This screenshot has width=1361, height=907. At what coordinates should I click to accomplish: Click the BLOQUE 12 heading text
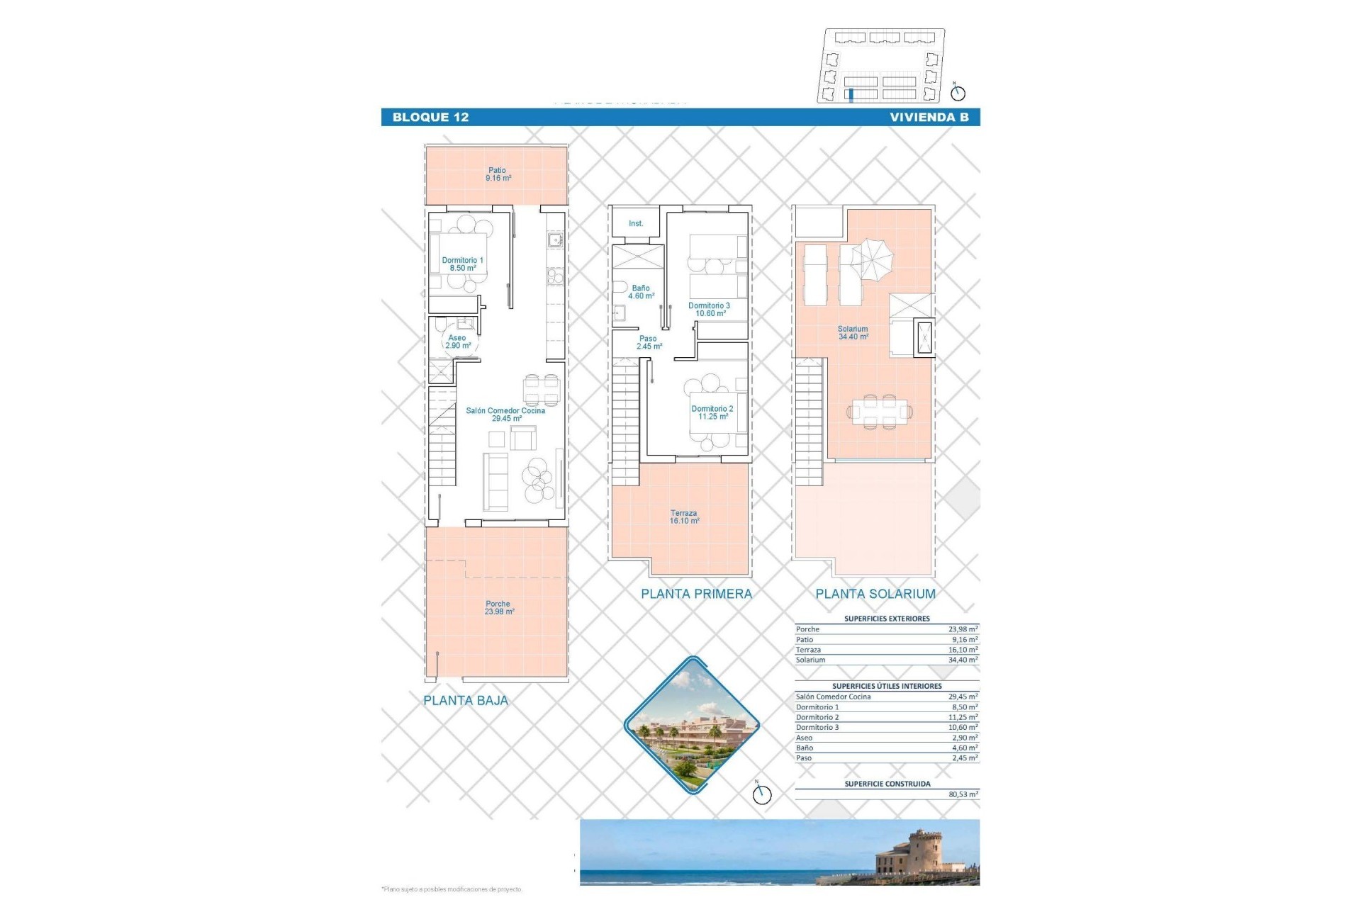tap(430, 118)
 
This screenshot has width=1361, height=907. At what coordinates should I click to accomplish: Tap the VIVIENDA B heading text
tap(929, 118)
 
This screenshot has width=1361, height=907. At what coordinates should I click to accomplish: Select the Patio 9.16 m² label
tap(498, 174)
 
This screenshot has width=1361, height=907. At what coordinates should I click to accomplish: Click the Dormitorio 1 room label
tap(462, 264)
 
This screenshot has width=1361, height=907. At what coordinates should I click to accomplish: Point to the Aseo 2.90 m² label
tap(457, 342)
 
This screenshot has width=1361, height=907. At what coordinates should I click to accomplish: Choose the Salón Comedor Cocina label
tap(505, 415)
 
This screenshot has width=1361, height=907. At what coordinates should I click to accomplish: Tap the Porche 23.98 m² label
tap(498, 608)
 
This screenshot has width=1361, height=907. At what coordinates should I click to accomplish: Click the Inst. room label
tap(636, 224)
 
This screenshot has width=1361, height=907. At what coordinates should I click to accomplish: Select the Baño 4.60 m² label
tap(641, 292)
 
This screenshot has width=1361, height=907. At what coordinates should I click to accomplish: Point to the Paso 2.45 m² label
tap(648, 343)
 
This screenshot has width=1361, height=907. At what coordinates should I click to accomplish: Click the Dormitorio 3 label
tap(709, 310)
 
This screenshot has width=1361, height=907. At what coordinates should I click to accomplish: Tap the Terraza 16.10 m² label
tap(683, 517)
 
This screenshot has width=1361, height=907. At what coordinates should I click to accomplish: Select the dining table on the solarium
tap(879, 411)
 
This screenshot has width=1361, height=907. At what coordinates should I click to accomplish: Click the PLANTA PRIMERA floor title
tap(696, 595)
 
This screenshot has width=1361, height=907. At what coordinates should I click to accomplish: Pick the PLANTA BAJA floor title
tap(466, 701)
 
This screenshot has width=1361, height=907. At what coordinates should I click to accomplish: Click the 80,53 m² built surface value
tap(963, 794)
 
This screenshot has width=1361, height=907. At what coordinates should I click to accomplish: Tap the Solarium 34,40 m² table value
tap(963, 660)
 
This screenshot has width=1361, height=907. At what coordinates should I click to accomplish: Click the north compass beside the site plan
tap(958, 92)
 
